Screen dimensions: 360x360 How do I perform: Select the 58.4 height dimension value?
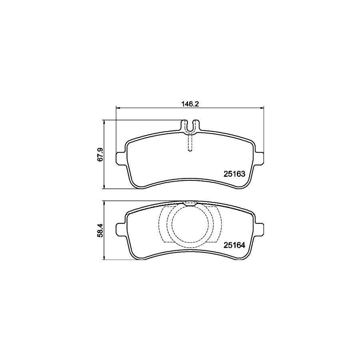pos(100,230)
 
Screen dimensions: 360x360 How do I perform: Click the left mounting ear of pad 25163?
pos(120,158)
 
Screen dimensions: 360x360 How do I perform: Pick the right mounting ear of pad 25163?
pos(260,158)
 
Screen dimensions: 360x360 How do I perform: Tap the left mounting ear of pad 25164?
pos(120,229)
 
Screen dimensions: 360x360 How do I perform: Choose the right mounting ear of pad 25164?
pos(260,229)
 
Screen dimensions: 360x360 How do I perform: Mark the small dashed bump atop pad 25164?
pos(190,203)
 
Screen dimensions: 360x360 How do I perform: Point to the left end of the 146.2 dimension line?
pos(116,107)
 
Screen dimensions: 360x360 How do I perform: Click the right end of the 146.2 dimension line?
pos(264,107)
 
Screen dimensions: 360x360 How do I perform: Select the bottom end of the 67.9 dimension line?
pos(104,188)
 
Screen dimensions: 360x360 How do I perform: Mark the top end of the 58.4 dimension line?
pos(104,201)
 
